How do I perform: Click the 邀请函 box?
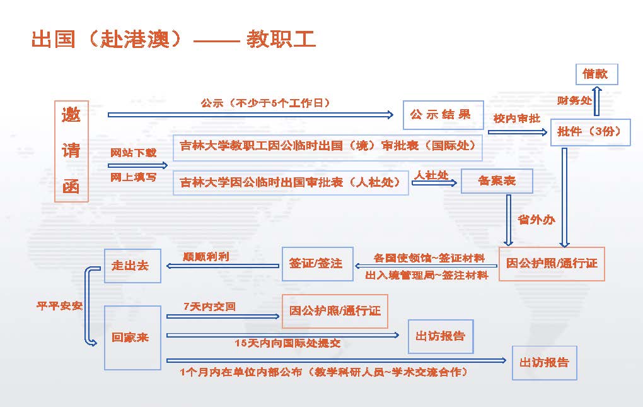click(71, 151)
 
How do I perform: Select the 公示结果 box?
click(443, 115)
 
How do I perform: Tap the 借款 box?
click(596, 74)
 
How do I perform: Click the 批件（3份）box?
click(590, 132)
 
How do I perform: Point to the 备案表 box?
click(497, 181)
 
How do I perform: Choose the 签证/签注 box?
click(316, 262)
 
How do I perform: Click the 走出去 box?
click(130, 265)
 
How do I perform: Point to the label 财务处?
click(574, 100)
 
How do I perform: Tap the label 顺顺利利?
click(206, 257)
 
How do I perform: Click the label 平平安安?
click(59, 306)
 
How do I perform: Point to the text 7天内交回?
click(209, 307)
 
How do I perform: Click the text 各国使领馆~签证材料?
click(429, 258)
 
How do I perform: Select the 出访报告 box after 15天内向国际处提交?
click(441, 336)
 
